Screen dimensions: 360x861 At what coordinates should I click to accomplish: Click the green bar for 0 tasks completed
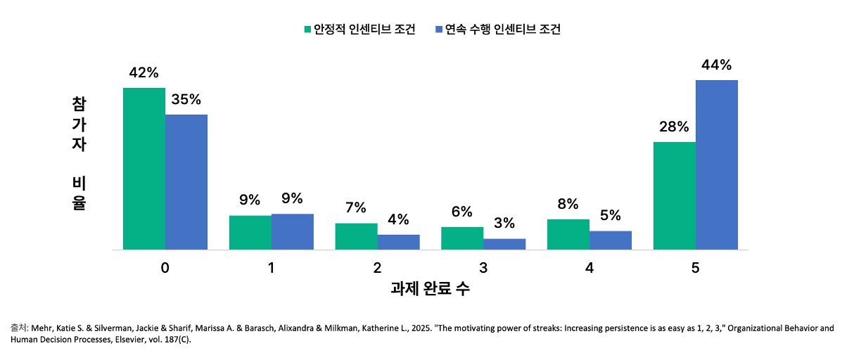pos(144,169)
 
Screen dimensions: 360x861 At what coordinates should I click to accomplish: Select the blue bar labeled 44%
pos(717,165)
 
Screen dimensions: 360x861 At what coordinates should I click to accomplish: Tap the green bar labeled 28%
pos(675,195)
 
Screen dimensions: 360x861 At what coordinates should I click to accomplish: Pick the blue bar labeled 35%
pos(186,182)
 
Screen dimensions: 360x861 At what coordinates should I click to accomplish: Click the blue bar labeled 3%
pos(504,244)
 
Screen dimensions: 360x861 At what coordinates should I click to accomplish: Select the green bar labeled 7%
pos(356,236)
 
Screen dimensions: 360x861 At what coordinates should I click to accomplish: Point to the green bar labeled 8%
pos(568,234)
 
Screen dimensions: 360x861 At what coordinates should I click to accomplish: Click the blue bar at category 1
pos(292,231)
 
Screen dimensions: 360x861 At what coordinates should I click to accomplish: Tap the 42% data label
pos(143,72)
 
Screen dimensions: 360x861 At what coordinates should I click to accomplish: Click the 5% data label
pos(611,215)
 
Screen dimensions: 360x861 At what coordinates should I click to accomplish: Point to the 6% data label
pos(461,212)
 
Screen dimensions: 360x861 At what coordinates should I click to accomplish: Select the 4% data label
pos(398,219)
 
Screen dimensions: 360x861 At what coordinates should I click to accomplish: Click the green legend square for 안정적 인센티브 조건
pos(307,30)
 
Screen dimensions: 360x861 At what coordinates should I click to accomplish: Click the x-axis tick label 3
pos(483,268)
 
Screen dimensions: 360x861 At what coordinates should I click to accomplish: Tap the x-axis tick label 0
pos(165,268)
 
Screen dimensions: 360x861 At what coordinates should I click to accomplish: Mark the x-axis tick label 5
pos(696,268)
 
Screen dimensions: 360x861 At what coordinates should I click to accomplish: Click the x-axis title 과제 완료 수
pos(430,289)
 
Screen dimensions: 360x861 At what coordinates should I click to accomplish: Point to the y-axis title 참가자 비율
pos(78,153)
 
